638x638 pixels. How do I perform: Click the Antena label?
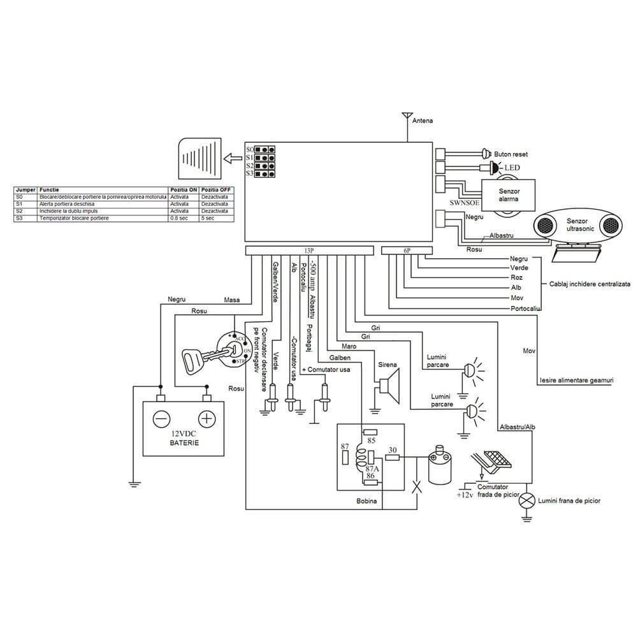tap(423, 120)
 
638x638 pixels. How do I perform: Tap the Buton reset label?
tap(511, 154)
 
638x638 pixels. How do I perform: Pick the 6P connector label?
tap(406, 250)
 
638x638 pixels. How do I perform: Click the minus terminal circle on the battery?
tap(161, 419)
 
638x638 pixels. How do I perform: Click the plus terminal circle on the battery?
tap(207, 419)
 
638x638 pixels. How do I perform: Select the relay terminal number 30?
tap(393, 450)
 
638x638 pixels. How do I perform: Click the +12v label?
tap(464, 495)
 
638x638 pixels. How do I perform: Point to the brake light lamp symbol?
tap(526, 501)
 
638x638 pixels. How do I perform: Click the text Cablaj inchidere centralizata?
tap(590, 284)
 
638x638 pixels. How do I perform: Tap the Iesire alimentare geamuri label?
tap(576, 381)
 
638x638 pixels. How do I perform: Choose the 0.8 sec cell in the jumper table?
tap(180, 218)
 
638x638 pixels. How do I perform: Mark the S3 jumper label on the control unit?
tap(250, 173)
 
